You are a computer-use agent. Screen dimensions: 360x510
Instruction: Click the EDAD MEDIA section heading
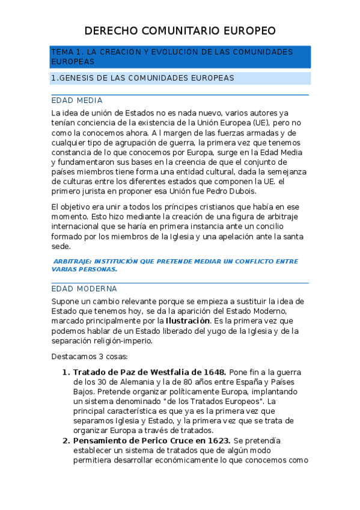(x=77, y=100)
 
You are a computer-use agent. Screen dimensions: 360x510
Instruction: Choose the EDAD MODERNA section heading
(x=84, y=289)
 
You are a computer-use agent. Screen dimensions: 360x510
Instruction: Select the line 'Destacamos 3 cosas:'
(x=85, y=357)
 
